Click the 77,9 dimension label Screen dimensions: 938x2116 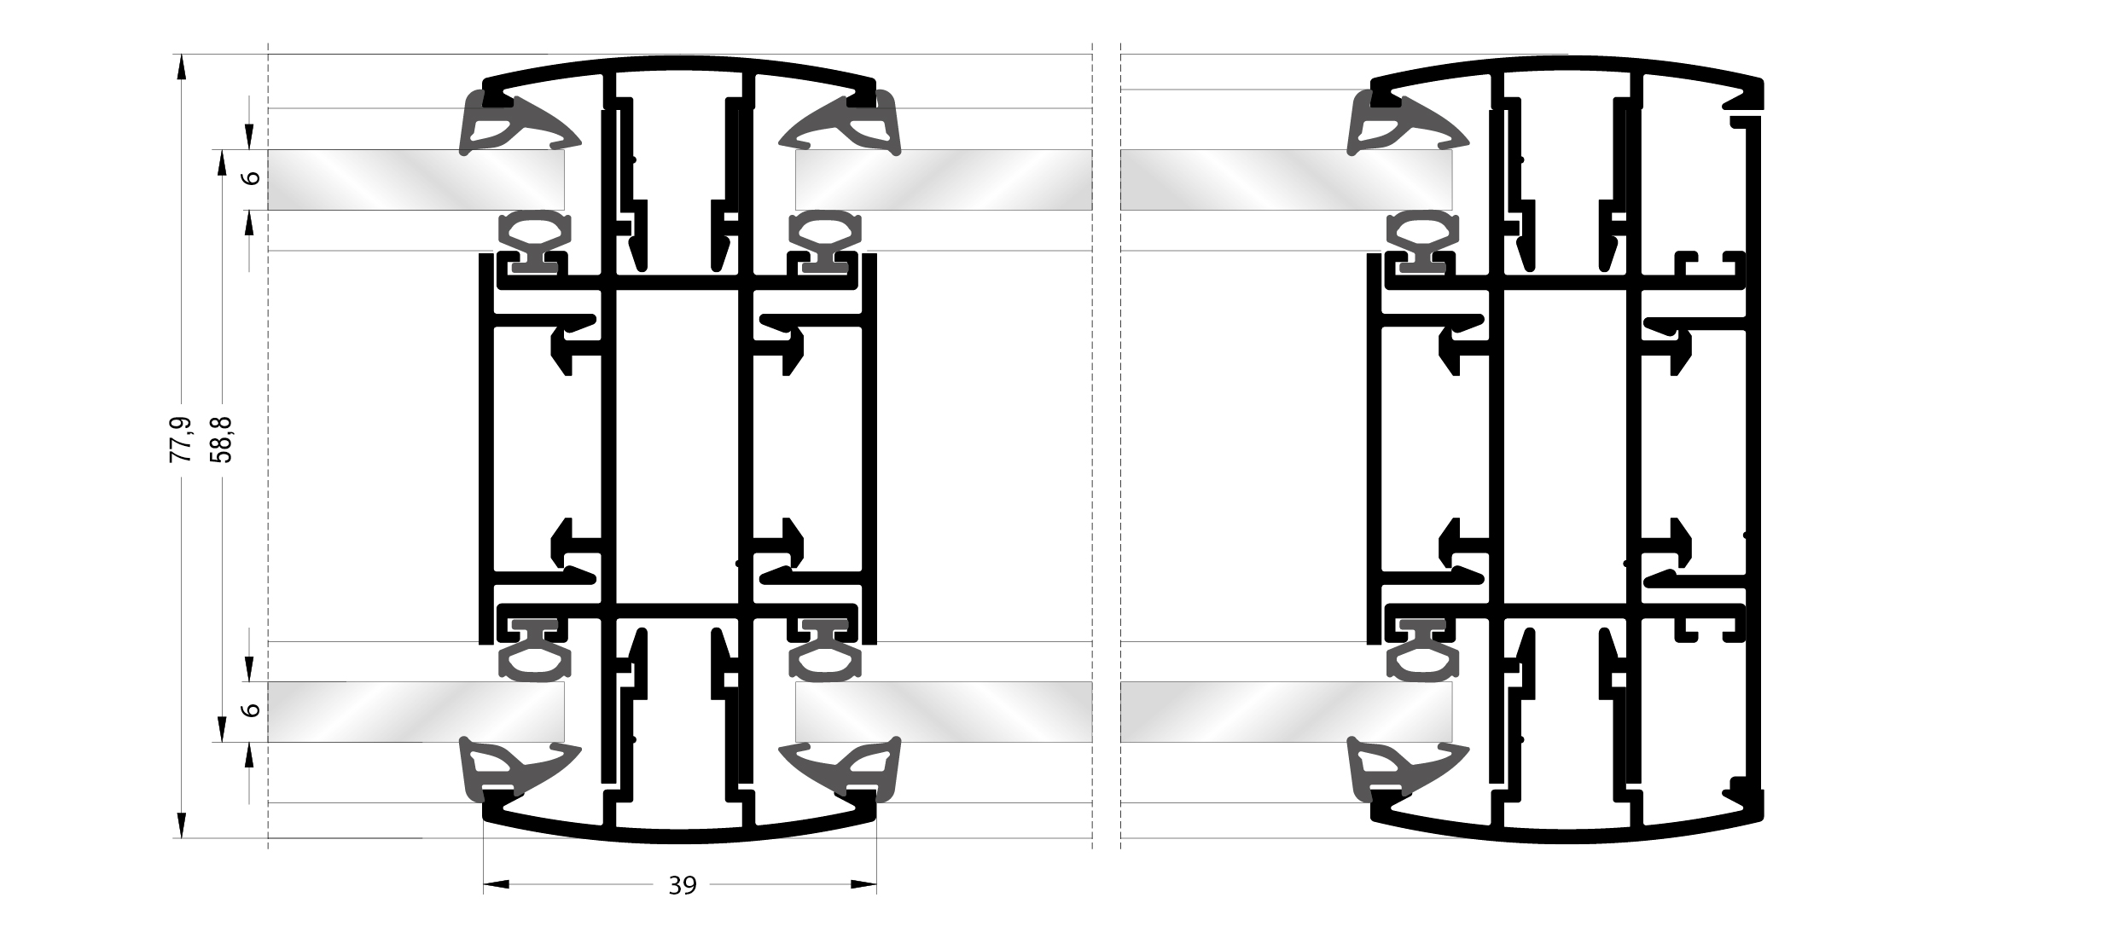coord(181,440)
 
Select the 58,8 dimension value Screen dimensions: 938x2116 coord(223,440)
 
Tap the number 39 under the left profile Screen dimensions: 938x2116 coord(683,887)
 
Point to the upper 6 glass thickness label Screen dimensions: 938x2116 coord(251,178)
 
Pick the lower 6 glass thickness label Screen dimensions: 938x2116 coord(251,709)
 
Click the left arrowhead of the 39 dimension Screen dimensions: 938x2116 coord(496,885)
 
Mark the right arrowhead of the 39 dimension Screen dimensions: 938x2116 coord(864,885)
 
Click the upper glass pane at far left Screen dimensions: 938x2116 coord(416,180)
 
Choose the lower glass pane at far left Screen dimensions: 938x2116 coord(416,711)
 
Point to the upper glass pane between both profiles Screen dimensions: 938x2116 coord(943,180)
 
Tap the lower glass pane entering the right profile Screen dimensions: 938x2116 coord(1285,711)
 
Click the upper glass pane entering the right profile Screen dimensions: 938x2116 coord(1285,180)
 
